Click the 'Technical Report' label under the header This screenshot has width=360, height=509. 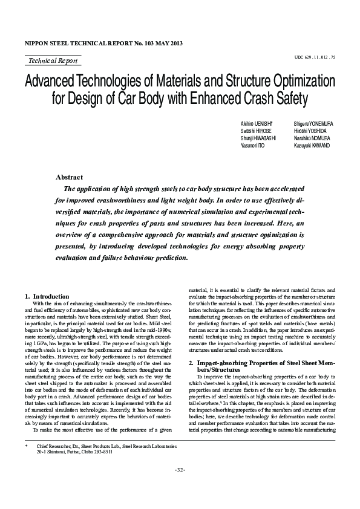tap(53, 60)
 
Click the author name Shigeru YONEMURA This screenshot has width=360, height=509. tap(313, 123)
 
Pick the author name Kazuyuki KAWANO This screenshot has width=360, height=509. tap(312, 146)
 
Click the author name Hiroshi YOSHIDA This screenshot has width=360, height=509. tap(310, 131)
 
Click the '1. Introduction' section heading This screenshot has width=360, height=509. tap(47, 296)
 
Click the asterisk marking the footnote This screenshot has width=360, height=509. tap(27, 462)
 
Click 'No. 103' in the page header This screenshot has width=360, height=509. tap(133, 44)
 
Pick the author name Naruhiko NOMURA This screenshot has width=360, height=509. tap(312, 138)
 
